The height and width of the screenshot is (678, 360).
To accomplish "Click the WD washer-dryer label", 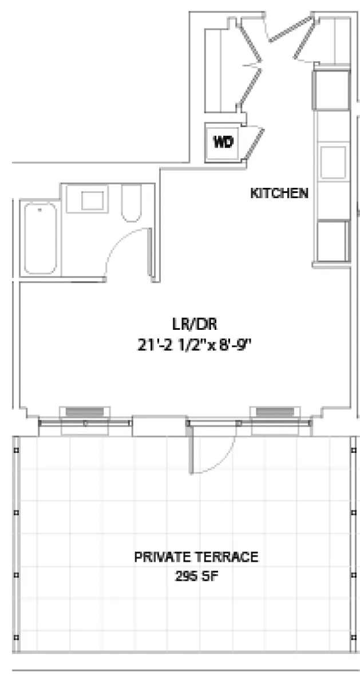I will (x=223, y=143).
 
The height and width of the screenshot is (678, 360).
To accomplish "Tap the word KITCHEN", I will (x=279, y=194).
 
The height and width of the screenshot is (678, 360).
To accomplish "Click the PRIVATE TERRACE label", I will (x=196, y=557).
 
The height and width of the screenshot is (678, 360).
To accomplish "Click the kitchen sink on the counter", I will (x=333, y=162).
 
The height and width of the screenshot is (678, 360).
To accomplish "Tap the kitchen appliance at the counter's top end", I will (x=331, y=90).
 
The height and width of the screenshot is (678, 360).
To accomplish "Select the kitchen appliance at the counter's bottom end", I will (x=333, y=240).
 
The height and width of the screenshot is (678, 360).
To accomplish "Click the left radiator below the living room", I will (x=83, y=412).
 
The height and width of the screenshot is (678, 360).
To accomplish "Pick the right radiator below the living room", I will (x=274, y=412).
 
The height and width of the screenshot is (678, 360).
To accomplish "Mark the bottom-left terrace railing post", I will (x=17, y=637).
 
